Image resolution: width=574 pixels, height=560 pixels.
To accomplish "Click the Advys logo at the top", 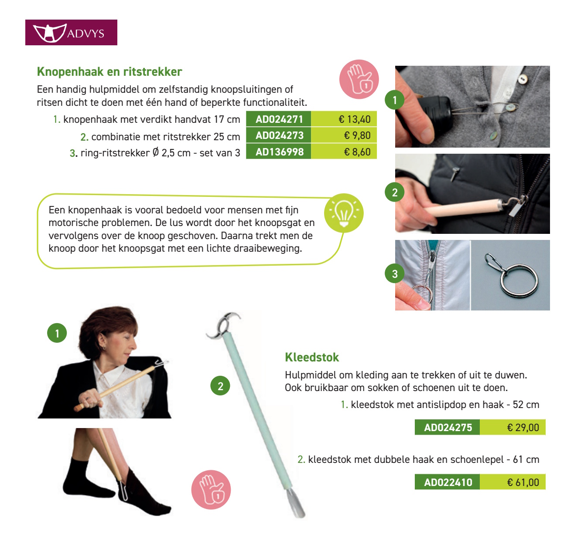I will click(71, 33).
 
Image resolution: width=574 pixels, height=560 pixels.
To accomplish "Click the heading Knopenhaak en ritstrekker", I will click(109, 72).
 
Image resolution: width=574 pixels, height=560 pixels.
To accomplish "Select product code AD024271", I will click(279, 119).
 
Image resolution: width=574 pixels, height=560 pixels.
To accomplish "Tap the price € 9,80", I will click(357, 135).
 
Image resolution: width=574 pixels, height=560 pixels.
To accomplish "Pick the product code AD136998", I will click(279, 152).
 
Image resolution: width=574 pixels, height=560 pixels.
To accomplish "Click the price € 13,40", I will click(354, 119).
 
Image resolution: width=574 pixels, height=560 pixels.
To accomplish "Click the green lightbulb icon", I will click(344, 213).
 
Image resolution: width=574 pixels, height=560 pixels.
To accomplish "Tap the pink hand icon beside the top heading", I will click(359, 79).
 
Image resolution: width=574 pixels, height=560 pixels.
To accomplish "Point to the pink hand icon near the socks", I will click(211, 489).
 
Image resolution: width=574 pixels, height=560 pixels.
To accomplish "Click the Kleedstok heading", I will click(311, 358).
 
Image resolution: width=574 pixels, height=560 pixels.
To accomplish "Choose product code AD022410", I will click(448, 482).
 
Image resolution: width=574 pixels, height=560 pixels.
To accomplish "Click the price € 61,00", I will click(523, 482).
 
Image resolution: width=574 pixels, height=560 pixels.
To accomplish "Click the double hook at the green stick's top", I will click(223, 325).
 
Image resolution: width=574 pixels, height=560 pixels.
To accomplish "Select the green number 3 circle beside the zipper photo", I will click(395, 274).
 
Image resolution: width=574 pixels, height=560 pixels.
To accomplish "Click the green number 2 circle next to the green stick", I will click(220, 386).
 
